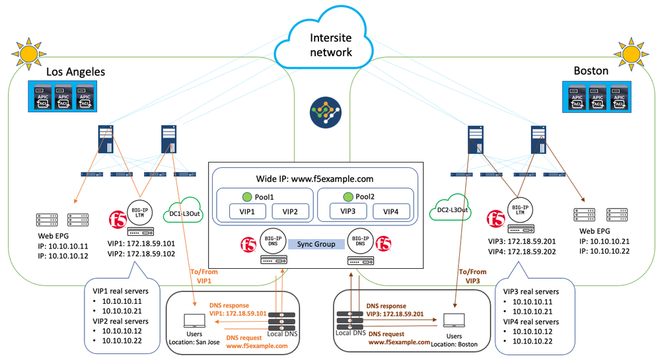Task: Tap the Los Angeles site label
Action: pos(76,71)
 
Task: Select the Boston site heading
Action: pos(591,71)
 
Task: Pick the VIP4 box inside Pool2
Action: pos(391,212)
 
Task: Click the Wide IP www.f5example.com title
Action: pos(314,178)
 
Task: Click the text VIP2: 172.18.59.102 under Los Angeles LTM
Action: pos(140,253)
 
